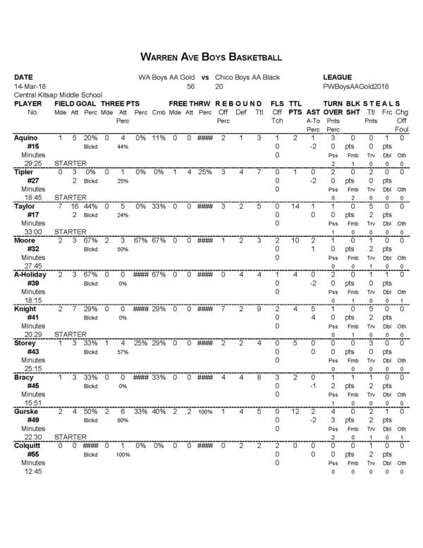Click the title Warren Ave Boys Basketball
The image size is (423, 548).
[x=211, y=56]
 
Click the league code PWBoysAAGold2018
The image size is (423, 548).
[x=356, y=85]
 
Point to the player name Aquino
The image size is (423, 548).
[x=27, y=138]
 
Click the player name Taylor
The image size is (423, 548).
[x=26, y=207]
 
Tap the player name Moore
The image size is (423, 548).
[x=26, y=241]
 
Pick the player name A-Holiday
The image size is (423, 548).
[x=32, y=275]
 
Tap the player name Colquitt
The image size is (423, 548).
[x=29, y=447]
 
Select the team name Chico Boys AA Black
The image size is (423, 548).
[x=248, y=76]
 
